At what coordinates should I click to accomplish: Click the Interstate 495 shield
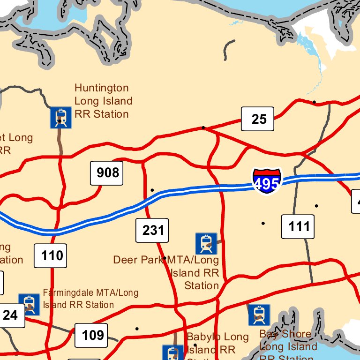(x=267, y=181)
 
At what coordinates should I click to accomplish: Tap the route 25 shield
(x=257, y=119)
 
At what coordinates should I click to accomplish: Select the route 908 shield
(x=107, y=173)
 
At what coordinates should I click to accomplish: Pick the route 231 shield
(x=152, y=230)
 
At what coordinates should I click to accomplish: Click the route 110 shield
(x=51, y=255)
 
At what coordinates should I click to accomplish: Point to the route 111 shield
(x=298, y=227)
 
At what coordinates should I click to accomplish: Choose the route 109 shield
(x=91, y=335)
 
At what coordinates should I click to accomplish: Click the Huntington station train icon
(x=61, y=117)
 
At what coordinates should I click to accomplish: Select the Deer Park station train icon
(x=206, y=244)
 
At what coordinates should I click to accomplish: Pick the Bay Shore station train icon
(x=259, y=315)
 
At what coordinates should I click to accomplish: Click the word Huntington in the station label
(x=101, y=88)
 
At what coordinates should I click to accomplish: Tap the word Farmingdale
(x=69, y=293)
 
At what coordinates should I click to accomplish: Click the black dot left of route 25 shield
(x=203, y=127)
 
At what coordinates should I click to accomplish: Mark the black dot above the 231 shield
(x=152, y=190)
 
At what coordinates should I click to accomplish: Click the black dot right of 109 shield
(x=137, y=329)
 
